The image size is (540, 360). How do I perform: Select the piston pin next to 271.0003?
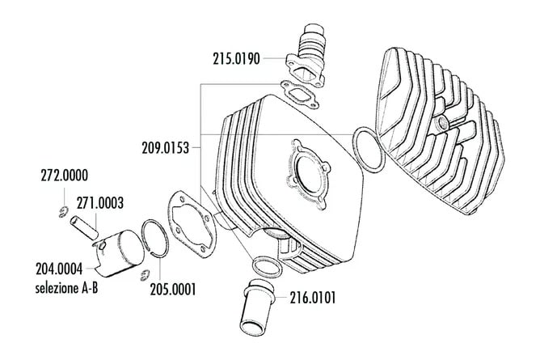[86, 226]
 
